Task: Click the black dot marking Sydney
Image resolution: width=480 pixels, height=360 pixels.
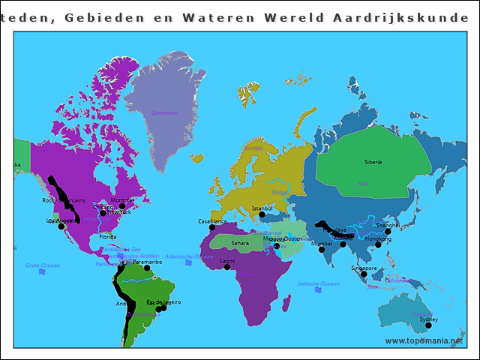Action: [x=428, y=325]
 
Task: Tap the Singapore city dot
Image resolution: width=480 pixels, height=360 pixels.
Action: [x=364, y=274]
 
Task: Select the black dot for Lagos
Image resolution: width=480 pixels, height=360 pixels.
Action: [x=227, y=266]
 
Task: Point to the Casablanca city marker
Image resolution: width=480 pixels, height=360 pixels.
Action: [x=212, y=227]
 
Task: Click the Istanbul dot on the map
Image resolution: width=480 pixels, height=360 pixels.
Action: [x=262, y=214]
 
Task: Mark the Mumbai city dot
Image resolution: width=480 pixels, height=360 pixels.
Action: [x=322, y=249]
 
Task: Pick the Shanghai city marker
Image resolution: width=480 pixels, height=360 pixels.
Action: [x=388, y=231]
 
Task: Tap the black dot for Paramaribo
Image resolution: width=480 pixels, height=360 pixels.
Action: [x=147, y=268]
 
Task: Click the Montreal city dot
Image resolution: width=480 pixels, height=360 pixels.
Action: [x=122, y=205]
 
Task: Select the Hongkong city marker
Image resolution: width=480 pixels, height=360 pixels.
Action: [x=378, y=244]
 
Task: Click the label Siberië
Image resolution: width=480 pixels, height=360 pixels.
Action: [x=373, y=161]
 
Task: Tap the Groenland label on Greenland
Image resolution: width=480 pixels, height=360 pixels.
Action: [x=164, y=112]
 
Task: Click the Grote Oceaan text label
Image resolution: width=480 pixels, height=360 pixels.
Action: [x=42, y=265]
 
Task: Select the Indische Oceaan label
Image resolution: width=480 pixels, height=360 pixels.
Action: [x=318, y=283]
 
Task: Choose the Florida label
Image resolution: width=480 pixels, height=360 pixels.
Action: [x=108, y=236]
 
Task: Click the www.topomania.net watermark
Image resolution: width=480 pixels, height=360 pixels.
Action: [x=423, y=340]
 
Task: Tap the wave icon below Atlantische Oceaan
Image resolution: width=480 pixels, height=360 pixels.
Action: [x=189, y=263]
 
